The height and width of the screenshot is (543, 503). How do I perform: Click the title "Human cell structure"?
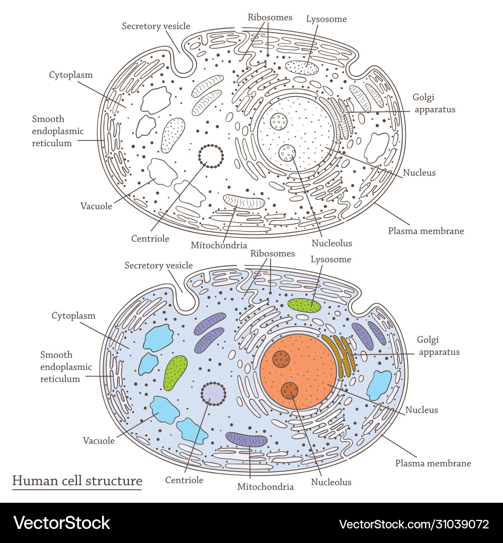coord(77,481)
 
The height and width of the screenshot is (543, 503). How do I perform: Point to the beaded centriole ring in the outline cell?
coord(211,156)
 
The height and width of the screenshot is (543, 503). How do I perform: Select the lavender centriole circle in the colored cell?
coord(213,394)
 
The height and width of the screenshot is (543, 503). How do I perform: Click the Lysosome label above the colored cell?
coord(330,259)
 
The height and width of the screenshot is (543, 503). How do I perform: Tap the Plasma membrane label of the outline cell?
coord(426,231)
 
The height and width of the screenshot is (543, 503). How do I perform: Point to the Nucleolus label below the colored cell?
coord(331,482)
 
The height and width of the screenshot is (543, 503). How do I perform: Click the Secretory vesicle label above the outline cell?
coord(156,26)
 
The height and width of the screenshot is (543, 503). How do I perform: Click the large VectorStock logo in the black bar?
coord(62,523)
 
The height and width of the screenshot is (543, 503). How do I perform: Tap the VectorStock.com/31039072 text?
coord(414,524)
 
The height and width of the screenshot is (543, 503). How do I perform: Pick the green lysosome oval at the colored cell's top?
coord(304,305)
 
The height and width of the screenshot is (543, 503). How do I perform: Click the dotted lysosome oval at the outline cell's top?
coord(302,67)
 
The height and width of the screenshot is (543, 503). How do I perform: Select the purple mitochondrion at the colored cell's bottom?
coord(246,439)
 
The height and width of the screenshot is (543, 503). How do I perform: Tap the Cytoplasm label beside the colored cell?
coord(73,316)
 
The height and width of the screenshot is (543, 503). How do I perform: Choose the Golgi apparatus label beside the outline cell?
coord(434,103)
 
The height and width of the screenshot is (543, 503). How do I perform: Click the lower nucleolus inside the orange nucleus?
coord(290,390)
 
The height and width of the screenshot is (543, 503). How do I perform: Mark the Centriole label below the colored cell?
coord(184,480)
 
